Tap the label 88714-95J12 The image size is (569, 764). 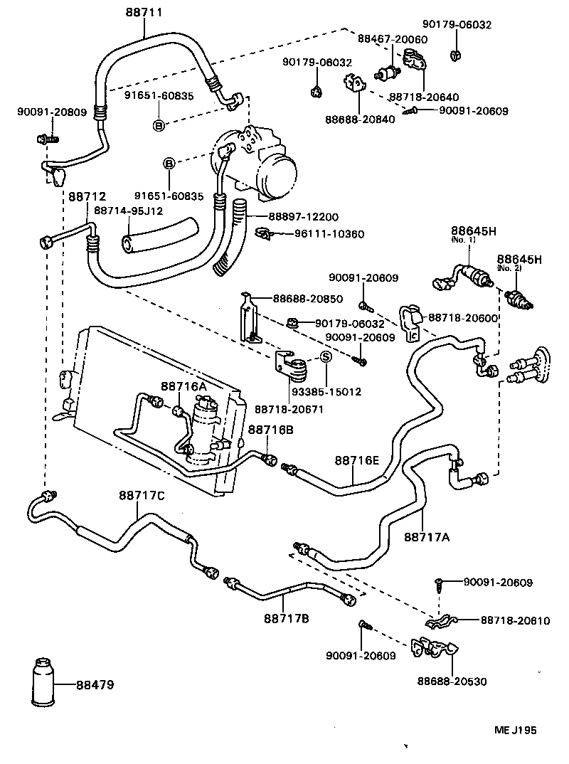pos(129,211)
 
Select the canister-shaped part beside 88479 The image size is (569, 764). pos(41,685)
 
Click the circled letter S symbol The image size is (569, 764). pos(326,357)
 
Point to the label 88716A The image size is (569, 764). pos(183,386)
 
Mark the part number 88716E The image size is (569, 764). pos(358,461)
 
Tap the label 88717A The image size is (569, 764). pos(427,537)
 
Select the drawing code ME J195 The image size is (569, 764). pos(516,730)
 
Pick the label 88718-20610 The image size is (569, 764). pos(515,620)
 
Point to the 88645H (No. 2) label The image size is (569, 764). pos(519,260)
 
